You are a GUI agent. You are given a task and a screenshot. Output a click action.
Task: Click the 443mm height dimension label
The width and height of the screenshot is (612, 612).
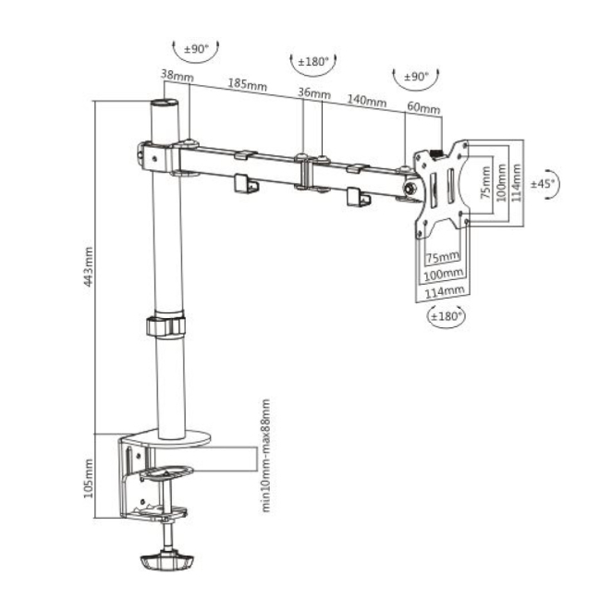pyautogui.click(x=89, y=267)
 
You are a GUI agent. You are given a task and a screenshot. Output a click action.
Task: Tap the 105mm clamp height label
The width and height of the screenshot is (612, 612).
pyautogui.click(x=89, y=478)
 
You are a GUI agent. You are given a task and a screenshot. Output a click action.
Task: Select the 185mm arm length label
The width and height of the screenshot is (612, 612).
pyautogui.click(x=248, y=84)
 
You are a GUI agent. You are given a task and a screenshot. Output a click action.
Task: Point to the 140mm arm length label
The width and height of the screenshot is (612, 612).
pyautogui.click(x=367, y=100)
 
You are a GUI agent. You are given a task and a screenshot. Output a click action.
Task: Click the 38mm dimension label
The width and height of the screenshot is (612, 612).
pyautogui.click(x=177, y=75)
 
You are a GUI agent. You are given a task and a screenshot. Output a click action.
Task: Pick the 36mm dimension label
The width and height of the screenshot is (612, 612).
pyautogui.click(x=314, y=93)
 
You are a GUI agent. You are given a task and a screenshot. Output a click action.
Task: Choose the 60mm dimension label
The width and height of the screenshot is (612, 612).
pyautogui.click(x=423, y=107)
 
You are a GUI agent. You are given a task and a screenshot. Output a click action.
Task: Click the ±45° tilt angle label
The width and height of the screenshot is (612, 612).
pyautogui.click(x=543, y=183)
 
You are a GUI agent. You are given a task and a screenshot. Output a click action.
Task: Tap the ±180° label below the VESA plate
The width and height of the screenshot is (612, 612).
pyautogui.click(x=447, y=315)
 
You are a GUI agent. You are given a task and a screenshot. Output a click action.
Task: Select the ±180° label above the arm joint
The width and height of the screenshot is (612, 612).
pyautogui.click(x=313, y=62)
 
